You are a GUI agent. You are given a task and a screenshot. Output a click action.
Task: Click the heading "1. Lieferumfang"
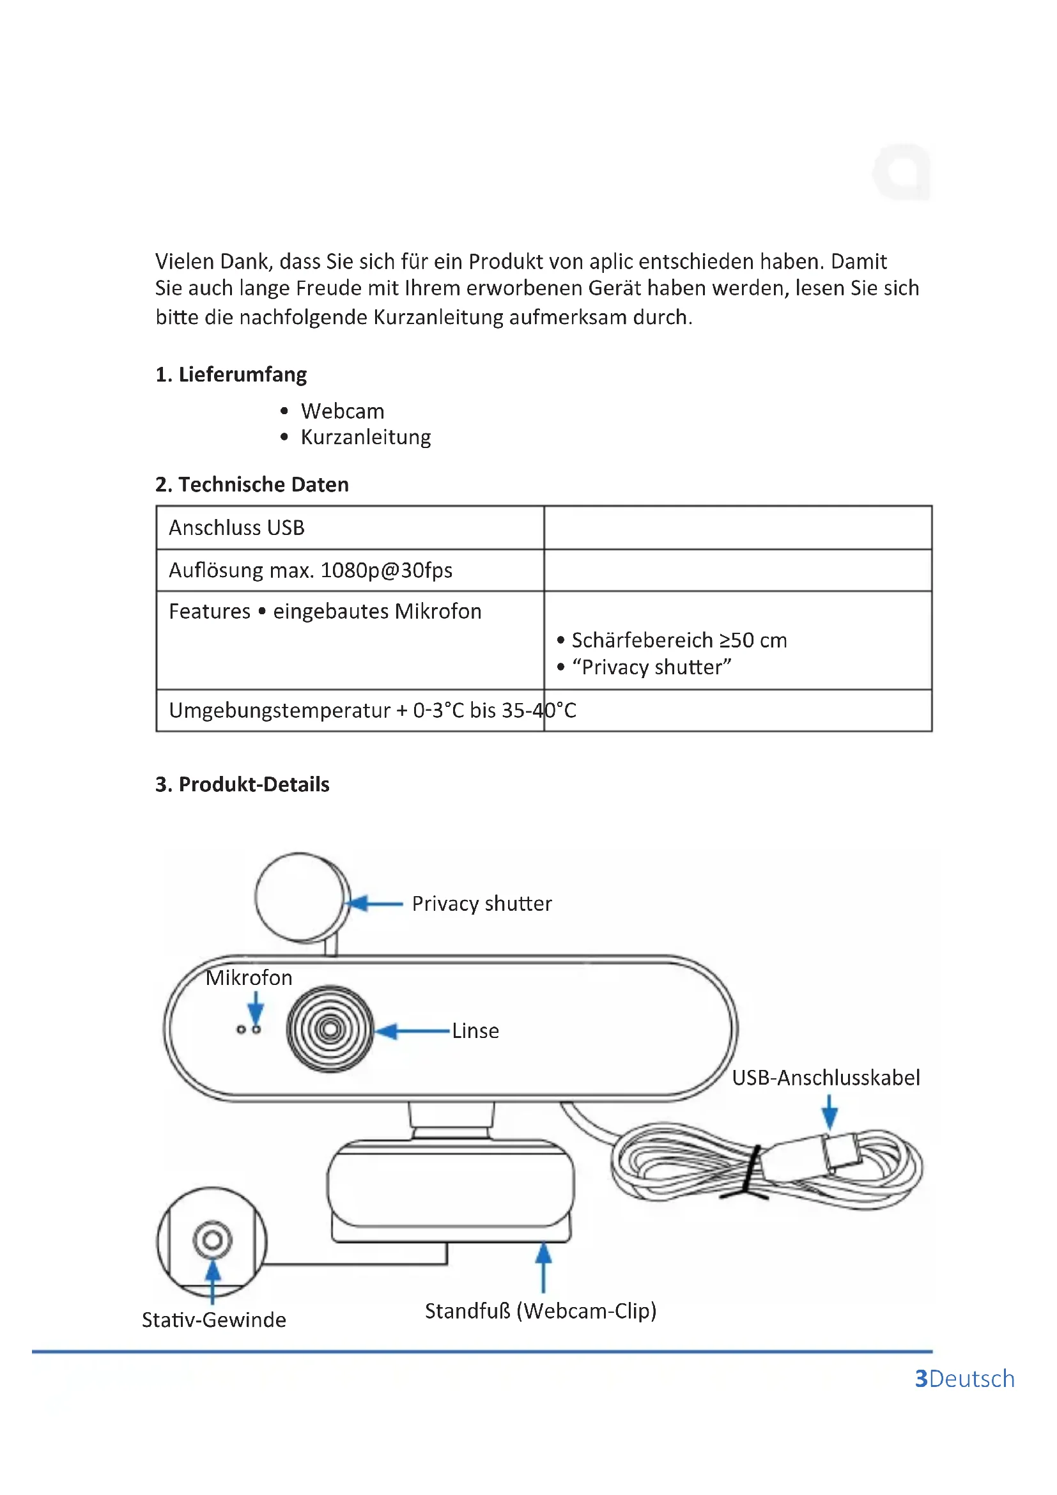[x=231, y=375]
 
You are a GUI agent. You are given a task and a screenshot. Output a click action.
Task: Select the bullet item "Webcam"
[x=343, y=412]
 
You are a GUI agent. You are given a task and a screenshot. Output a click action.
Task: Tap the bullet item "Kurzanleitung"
[x=366, y=437]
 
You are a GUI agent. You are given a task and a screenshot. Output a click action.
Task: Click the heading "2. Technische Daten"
[x=251, y=484]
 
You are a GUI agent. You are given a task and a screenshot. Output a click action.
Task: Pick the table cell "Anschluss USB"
[x=237, y=527]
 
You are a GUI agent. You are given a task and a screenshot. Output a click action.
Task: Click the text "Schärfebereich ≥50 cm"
[x=679, y=640]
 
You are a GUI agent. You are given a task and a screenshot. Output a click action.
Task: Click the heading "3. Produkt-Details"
[x=242, y=785]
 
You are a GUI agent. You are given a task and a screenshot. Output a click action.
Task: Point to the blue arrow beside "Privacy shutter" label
[x=374, y=904]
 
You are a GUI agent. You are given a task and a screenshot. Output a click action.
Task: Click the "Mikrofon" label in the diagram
[x=249, y=978]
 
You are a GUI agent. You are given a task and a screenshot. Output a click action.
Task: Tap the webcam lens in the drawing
[x=330, y=1029]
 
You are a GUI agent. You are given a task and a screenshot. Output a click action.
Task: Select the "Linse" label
[x=476, y=1032]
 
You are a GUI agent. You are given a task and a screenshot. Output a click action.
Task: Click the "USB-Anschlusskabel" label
[x=826, y=1078]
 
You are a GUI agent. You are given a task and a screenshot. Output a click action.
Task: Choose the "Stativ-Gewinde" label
[x=214, y=1320]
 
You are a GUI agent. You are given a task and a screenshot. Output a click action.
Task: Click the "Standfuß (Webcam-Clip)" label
[x=541, y=1311]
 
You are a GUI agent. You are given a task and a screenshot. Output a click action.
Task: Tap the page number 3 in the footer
[x=921, y=1379]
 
